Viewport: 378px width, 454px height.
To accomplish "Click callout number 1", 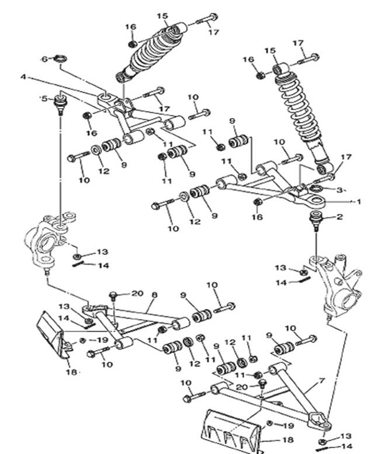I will pos(360,202).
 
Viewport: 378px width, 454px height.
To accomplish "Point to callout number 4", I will pos(23,77).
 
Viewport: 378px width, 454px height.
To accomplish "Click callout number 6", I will pos(44,59).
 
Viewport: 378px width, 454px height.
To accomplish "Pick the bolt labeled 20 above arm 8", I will pos(115,296).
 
